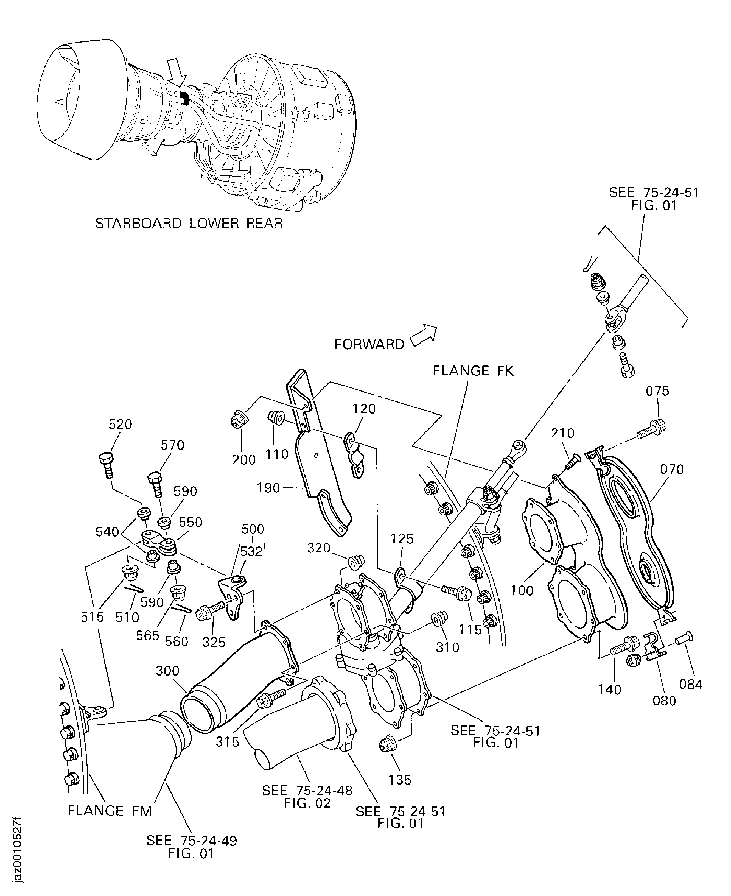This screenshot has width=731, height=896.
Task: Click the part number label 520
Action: click(x=121, y=424)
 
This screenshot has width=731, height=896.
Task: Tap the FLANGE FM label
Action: click(x=110, y=811)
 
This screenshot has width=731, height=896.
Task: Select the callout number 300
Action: click(x=168, y=671)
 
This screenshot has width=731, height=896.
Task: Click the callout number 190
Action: click(x=268, y=488)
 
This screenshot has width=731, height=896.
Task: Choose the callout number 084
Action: click(x=691, y=685)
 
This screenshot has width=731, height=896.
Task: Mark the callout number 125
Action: click(x=402, y=539)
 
